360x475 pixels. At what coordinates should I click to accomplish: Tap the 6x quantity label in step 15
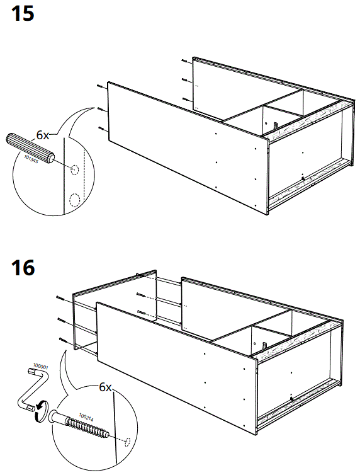tap(43, 135)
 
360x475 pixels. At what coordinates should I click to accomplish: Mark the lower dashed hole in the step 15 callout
tap(75, 200)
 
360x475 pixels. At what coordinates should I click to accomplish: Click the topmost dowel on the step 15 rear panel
tap(183, 61)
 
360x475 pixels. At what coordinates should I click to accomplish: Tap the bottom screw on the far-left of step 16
tap(63, 340)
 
